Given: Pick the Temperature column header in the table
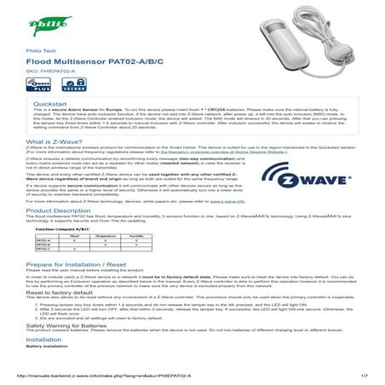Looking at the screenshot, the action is click(106, 260).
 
